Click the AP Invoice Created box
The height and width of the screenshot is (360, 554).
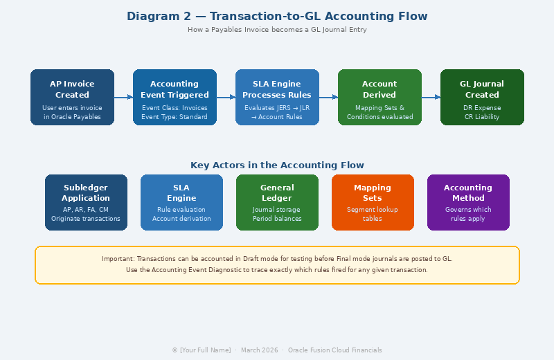pos(72,97)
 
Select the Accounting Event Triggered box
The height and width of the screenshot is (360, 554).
pos(175,97)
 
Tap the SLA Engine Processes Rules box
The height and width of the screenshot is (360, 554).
pos(277,97)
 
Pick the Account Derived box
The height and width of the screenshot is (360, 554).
pos(379,97)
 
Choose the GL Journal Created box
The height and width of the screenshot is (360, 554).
pos(482,97)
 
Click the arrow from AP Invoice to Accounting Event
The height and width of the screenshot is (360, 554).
pos(123,98)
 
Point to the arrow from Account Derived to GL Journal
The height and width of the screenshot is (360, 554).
pos(431,98)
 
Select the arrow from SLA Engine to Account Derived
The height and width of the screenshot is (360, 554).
pos(328,98)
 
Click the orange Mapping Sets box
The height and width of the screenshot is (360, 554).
pos(373,202)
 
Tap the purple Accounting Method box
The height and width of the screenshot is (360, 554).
pos(468,202)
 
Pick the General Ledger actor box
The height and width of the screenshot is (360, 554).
pos(277,202)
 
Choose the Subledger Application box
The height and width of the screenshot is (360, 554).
pos(86,202)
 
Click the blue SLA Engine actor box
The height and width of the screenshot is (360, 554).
pos(181,202)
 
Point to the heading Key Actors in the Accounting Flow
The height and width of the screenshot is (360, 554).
pos(277,165)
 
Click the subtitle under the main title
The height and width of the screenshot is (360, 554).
pos(277,30)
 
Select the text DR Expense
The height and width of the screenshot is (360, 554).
pos(482,108)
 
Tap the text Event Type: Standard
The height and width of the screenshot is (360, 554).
pos(175,117)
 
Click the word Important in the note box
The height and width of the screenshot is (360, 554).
pos(118,259)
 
